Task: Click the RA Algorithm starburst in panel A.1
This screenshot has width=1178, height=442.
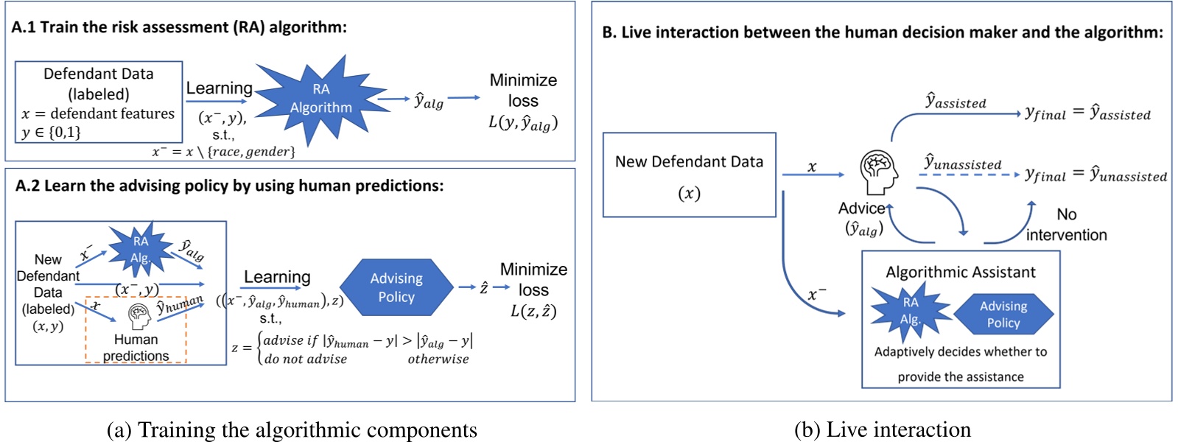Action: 320,99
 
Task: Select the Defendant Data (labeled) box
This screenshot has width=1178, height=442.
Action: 99,102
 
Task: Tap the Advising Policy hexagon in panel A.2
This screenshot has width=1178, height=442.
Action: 396,287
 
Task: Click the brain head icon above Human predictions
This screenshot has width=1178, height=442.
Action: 139,316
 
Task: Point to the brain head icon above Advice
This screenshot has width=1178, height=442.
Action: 879,172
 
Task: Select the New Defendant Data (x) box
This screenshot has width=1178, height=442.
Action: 689,175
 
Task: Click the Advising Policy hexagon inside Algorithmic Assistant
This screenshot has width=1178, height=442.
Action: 1003,315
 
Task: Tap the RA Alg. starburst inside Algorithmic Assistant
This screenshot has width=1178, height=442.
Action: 910,312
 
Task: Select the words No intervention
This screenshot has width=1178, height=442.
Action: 1066,225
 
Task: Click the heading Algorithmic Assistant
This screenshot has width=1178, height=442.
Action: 960,272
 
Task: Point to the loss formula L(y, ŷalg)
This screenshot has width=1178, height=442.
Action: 523,123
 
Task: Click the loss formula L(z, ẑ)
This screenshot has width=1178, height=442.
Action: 533,311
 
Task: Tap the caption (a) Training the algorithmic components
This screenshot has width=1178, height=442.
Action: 292,429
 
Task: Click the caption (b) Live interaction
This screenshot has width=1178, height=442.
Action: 882,429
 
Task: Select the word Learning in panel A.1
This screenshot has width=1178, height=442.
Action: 219,88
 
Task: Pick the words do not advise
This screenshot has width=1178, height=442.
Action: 305,359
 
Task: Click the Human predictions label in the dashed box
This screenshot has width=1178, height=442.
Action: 136,348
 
